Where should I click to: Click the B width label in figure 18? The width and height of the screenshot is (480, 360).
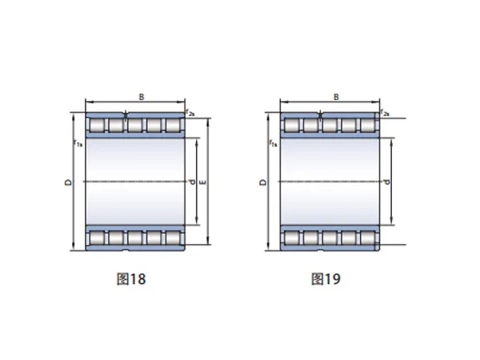click(x=142, y=97)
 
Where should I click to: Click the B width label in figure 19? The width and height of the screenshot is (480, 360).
click(x=336, y=97)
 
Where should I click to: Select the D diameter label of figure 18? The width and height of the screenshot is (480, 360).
click(x=69, y=182)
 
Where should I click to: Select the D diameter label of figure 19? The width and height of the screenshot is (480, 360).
click(x=263, y=182)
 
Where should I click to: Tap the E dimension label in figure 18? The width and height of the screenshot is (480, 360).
click(x=202, y=182)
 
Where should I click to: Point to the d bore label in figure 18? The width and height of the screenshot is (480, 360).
click(x=192, y=182)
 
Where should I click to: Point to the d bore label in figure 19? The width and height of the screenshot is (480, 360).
click(x=386, y=182)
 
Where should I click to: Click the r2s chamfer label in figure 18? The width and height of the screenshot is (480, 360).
click(x=190, y=113)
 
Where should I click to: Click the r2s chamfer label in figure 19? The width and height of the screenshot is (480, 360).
click(x=385, y=113)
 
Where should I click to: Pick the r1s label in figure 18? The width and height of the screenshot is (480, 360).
click(x=78, y=143)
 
